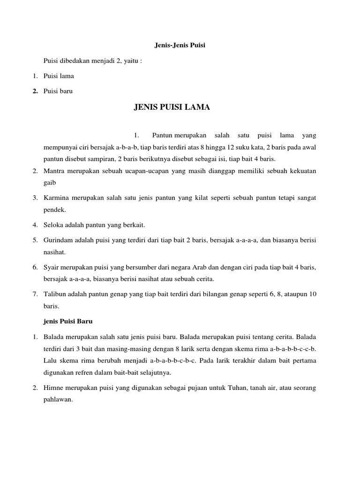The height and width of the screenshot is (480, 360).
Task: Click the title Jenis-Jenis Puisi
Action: coord(180,45)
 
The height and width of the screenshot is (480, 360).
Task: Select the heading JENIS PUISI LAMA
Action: coord(172,107)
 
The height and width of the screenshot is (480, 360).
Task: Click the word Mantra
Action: coord(54,171)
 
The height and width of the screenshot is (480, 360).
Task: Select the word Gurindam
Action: coord(58,240)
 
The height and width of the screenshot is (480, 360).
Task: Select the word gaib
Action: coord(49,182)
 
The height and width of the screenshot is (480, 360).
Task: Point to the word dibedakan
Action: coord(75,61)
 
